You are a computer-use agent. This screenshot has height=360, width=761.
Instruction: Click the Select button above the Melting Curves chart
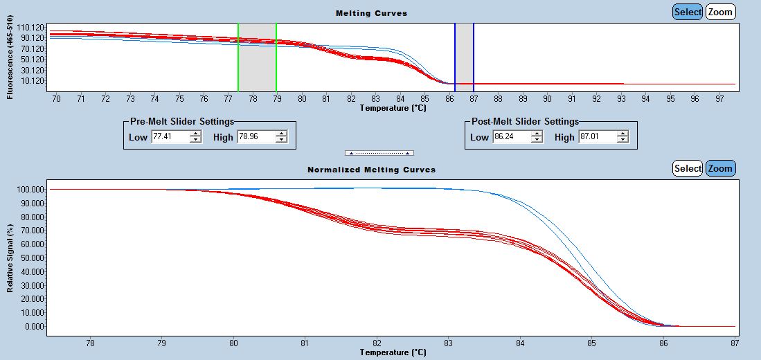(x=687, y=12)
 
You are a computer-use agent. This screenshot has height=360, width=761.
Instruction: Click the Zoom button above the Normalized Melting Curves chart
(x=720, y=168)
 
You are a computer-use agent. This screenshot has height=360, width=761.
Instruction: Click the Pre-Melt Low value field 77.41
(x=170, y=137)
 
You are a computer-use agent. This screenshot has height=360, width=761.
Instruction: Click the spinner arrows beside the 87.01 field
(x=623, y=137)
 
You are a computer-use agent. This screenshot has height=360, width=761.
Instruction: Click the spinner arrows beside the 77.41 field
(x=196, y=137)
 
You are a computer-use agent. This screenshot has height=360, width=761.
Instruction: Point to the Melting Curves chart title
(x=371, y=13)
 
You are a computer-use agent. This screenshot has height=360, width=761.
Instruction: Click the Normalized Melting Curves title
(x=371, y=170)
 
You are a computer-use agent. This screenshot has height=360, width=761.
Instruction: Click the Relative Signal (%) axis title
(x=10, y=258)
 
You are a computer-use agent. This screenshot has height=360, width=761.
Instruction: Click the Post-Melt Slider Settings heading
(x=524, y=121)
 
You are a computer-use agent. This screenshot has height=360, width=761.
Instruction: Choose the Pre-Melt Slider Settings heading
(x=182, y=121)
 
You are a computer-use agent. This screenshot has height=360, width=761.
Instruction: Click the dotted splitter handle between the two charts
(x=379, y=152)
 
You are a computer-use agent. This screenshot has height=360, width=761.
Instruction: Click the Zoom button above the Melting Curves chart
(x=720, y=12)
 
